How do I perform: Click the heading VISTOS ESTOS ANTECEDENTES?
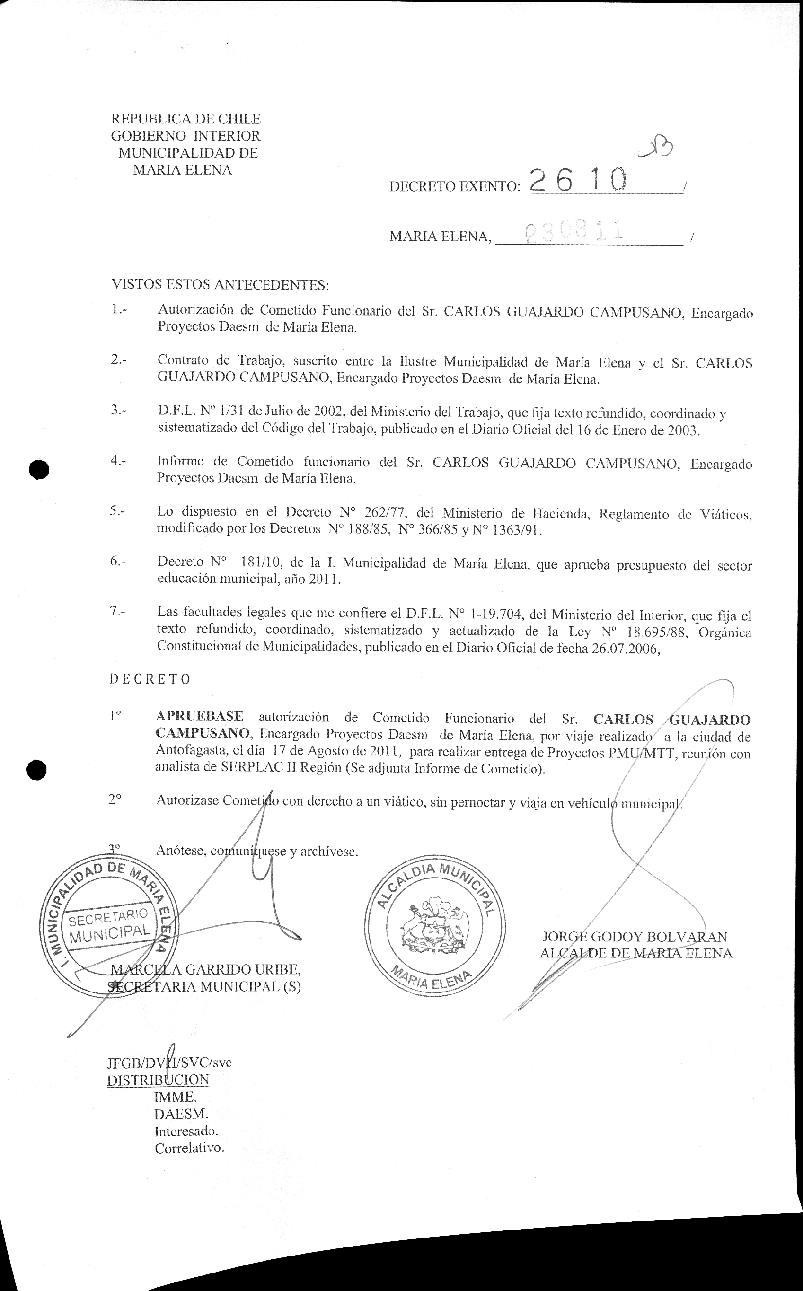(x=220, y=285)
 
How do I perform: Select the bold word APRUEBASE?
(x=199, y=717)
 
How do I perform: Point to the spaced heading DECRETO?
(x=150, y=679)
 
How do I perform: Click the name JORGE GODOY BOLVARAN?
(x=634, y=938)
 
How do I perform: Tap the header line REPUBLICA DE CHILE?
(x=185, y=119)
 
